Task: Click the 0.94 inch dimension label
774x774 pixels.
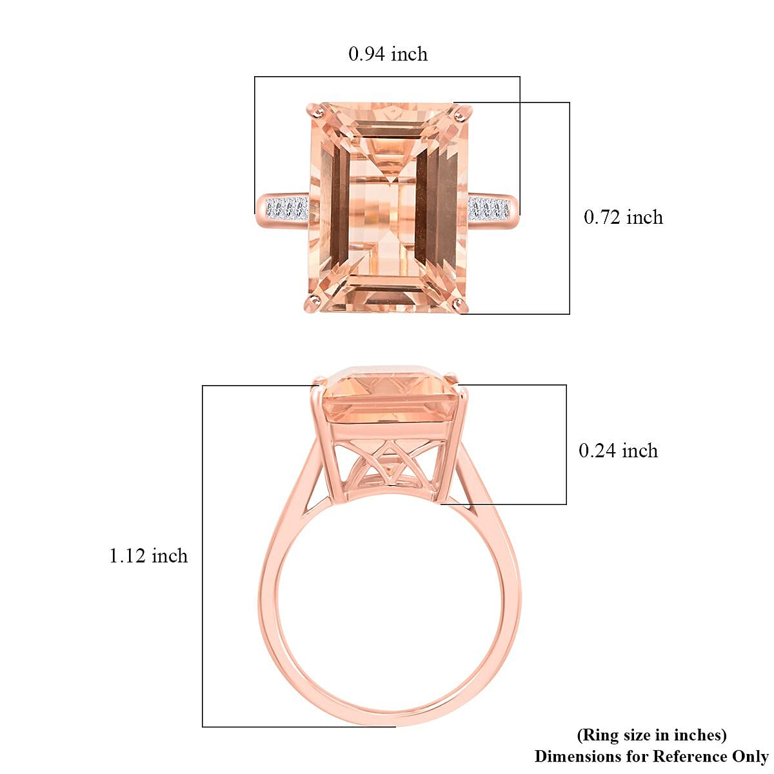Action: (x=388, y=54)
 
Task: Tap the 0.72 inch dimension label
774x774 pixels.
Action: (x=623, y=217)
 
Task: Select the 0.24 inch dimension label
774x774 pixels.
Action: (x=618, y=450)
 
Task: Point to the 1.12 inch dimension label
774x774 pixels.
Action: (x=148, y=555)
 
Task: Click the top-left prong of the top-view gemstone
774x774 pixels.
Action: (x=316, y=112)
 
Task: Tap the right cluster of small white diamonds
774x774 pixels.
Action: (x=489, y=209)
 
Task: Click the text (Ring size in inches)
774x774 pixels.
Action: (x=651, y=735)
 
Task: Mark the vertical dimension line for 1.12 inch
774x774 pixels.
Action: (x=203, y=556)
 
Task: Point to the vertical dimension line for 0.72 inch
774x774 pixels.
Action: (x=570, y=208)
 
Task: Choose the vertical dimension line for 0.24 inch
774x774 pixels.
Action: (x=566, y=444)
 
